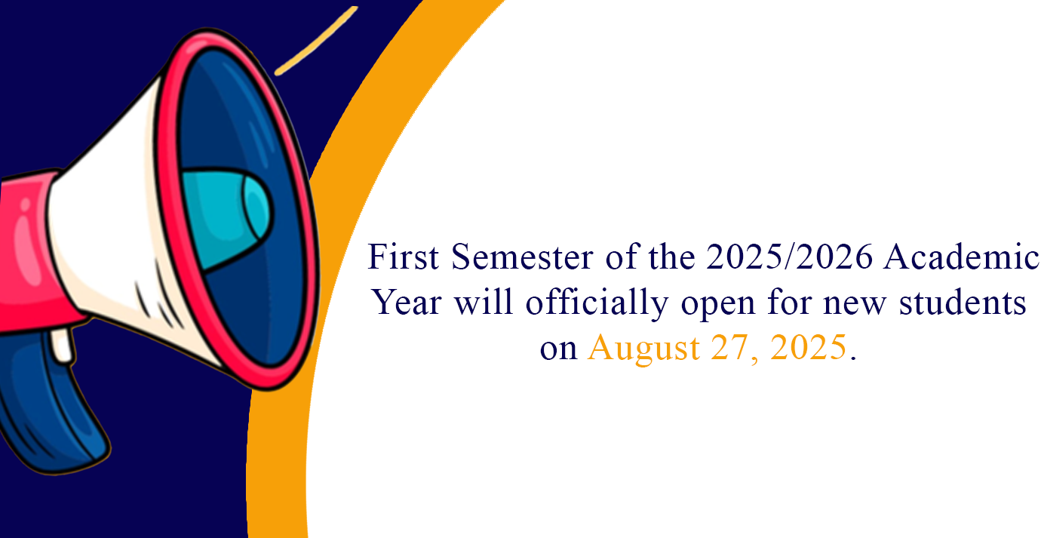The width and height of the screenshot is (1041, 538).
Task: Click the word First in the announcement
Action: (403, 257)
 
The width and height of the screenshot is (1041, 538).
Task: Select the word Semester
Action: (522, 257)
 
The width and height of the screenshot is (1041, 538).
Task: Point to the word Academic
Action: (961, 257)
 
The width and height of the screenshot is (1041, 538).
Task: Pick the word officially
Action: (597, 304)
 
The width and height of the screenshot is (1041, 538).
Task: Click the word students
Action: (963, 303)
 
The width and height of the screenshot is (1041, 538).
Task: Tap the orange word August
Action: (643, 349)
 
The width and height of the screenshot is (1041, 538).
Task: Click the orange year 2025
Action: (809, 347)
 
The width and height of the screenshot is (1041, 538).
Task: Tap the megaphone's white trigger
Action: (62, 345)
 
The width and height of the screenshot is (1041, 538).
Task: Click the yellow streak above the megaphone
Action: (317, 41)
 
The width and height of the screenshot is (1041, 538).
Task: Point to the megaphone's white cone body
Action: (112, 223)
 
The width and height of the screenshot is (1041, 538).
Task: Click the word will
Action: (484, 302)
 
